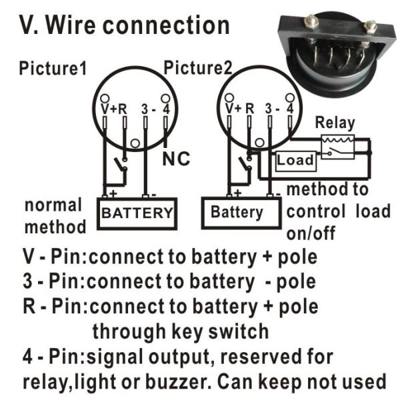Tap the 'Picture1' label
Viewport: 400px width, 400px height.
tap(53, 68)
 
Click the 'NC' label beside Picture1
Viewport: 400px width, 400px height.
tap(177, 159)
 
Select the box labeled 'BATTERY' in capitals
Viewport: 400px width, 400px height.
tap(137, 213)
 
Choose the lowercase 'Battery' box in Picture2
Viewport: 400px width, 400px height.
tap(236, 213)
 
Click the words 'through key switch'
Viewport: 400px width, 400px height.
tap(180, 331)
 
